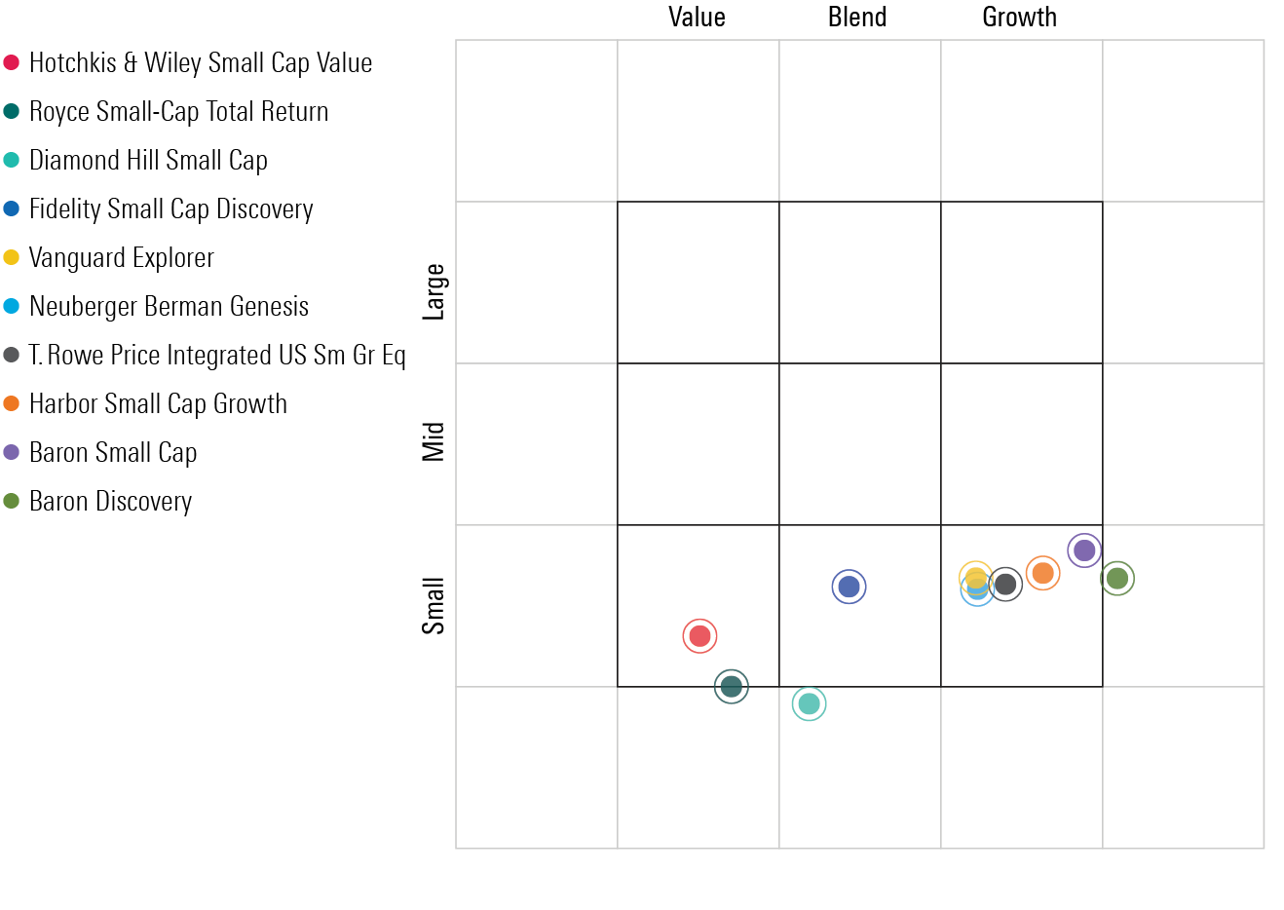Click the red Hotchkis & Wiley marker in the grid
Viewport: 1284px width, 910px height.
[699, 636]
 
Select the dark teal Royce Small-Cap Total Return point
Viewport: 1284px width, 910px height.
[732, 687]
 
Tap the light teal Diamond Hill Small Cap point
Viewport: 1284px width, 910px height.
[809, 703]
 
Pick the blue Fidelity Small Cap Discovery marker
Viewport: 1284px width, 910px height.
[850, 587]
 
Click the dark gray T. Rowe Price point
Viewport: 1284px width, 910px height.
[1005, 585]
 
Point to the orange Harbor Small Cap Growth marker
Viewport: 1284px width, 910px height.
[1043, 573]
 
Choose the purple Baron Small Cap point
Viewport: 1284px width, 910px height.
[1084, 550]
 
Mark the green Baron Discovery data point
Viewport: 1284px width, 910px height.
[1117, 579]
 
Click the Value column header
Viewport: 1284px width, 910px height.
[697, 18]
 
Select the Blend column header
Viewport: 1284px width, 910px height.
[857, 18]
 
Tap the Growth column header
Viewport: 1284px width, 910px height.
[1019, 18]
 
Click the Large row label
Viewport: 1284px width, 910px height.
[434, 291]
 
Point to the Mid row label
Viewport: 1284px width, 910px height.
[434, 441]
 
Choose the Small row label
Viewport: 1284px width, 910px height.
[434, 605]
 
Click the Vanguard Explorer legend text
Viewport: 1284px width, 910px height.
[122, 258]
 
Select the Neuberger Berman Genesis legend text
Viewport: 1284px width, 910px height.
[169, 307]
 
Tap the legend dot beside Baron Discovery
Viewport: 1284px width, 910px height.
[12, 501]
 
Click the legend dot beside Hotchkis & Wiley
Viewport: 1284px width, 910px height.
[12, 62]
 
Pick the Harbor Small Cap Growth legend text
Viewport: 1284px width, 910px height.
[158, 404]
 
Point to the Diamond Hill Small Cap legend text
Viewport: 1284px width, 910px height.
[148, 161]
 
